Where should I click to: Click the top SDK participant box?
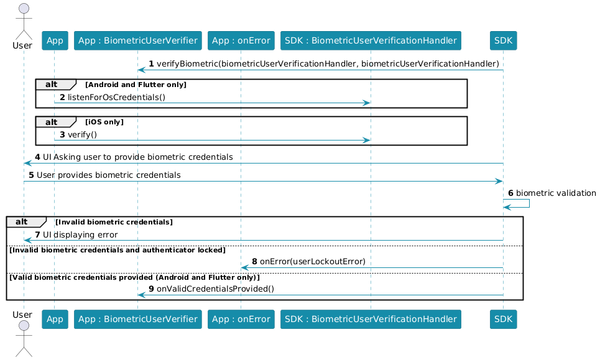(x=503, y=40)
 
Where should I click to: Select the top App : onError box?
(x=241, y=40)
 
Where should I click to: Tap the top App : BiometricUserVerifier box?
(x=138, y=40)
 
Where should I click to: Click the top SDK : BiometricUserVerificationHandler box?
(x=371, y=40)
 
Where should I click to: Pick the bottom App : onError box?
(x=241, y=319)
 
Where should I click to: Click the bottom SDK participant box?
(x=503, y=319)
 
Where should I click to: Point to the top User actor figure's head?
(x=24, y=9)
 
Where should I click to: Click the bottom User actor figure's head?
(x=24, y=326)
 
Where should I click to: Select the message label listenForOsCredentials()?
(x=116, y=97)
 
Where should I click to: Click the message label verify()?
(x=82, y=135)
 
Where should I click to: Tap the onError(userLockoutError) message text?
(x=313, y=261)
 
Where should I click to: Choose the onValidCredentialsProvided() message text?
(x=215, y=288)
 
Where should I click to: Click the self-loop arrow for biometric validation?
(x=529, y=203)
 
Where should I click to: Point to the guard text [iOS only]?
(x=104, y=122)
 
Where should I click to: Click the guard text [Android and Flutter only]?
(x=136, y=85)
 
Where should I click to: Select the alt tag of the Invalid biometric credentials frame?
(x=22, y=222)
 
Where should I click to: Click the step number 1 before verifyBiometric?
(x=151, y=63)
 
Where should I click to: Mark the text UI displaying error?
(x=80, y=234)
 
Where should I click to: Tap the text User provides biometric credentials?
(x=109, y=175)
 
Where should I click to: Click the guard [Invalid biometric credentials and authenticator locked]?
(x=118, y=250)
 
